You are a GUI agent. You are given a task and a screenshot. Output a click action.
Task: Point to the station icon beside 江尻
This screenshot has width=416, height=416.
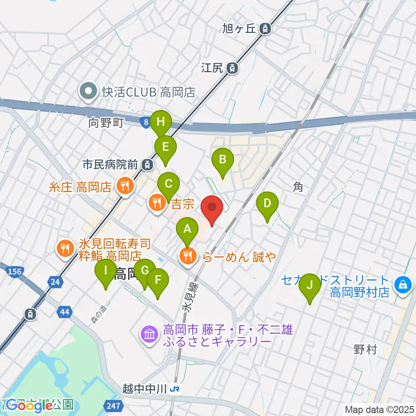(233, 68)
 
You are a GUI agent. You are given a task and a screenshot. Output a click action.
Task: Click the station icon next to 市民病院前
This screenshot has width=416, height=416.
(148, 165)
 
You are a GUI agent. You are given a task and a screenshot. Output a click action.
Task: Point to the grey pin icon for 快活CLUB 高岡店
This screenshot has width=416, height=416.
(88, 92)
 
